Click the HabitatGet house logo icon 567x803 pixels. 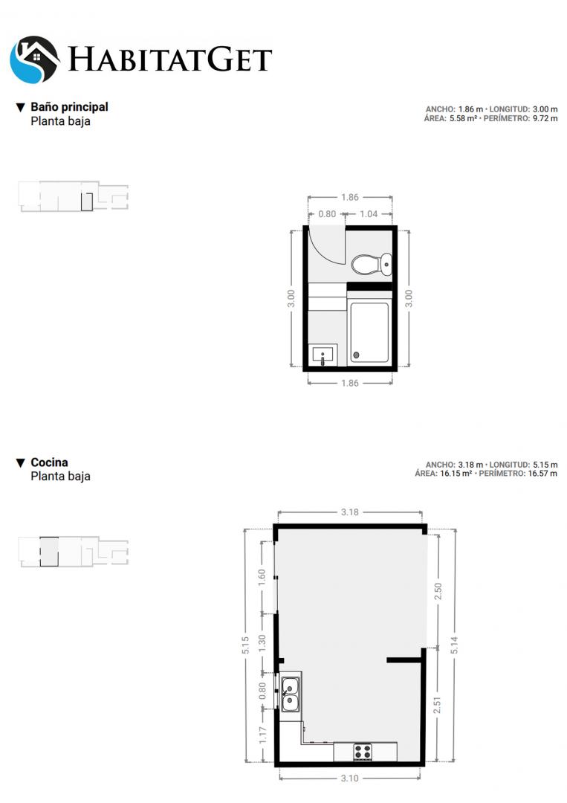[35, 59]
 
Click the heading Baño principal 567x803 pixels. [69, 107]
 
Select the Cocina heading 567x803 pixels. [49, 462]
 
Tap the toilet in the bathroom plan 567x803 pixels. [372, 265]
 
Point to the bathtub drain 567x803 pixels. [356, 355]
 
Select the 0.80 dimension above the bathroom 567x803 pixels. [327, 214]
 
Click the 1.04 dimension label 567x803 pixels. [369, 214]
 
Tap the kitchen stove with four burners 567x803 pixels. [363, 752]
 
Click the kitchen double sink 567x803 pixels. [290, 694]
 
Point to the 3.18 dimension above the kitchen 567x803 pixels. [349, 512]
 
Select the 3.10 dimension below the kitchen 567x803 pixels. [349, 778]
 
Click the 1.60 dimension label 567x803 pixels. [262, 578]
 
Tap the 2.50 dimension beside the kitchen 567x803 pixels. [438, 592]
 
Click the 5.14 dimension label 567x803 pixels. [455, 645]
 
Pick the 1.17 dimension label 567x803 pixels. [262, 735]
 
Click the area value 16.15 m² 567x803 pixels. [456, 474]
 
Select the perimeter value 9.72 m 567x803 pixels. [545, 118]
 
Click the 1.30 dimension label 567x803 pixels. [262, 643]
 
